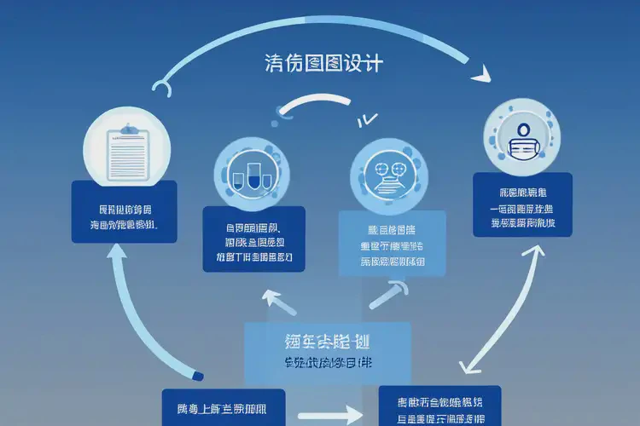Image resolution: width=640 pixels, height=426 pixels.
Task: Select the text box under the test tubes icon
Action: pos(254,239)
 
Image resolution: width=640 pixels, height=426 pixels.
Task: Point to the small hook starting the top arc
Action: pos(162,87)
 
